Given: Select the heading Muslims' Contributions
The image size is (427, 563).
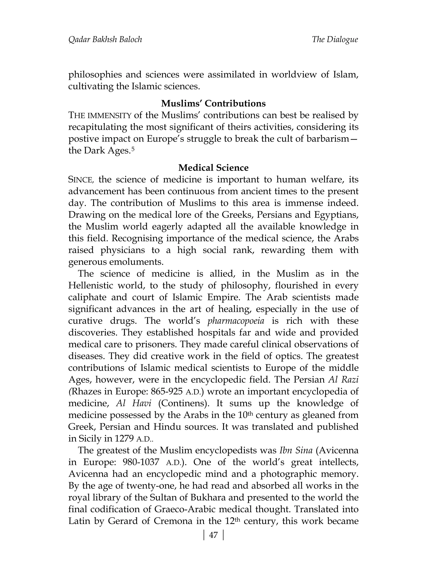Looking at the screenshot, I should (213, 104).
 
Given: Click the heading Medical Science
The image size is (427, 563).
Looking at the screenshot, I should (213, 168).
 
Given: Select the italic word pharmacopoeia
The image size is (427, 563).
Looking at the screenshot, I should (236, 321).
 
